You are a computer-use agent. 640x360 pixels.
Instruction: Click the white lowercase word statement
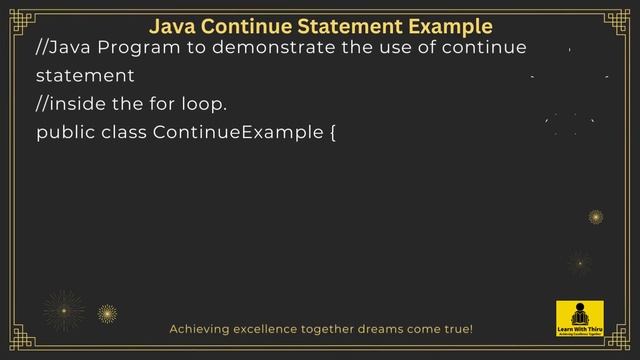pos(85,76)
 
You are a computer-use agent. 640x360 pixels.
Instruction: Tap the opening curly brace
pos(331,132)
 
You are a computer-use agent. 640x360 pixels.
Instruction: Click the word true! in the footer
pos(455,328)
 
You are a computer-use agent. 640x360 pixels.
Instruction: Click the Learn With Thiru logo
pos(579,319)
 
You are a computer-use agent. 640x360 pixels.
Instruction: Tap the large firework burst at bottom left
pos(65,311)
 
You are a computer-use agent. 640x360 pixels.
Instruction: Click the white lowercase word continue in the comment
pos(487,49)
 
